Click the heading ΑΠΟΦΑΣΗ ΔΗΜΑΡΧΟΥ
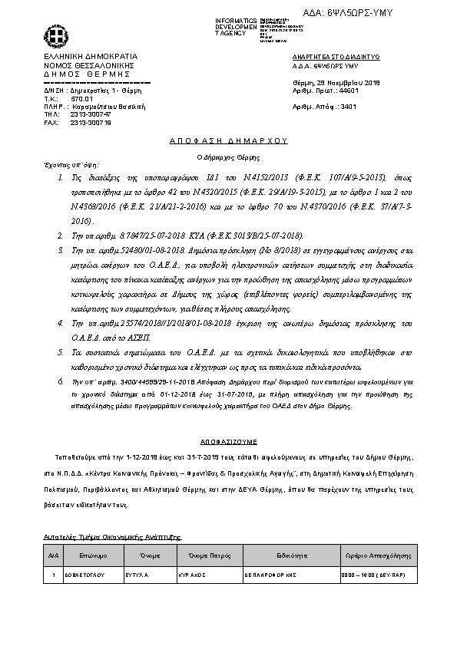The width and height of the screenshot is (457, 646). click(228, 142)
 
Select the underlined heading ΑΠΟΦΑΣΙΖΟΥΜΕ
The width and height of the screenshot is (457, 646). click(228, 443)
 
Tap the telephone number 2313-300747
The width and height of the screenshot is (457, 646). click(90, 114)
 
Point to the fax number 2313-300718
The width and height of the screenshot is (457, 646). click(90, 121)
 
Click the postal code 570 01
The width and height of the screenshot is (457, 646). click(81, 99)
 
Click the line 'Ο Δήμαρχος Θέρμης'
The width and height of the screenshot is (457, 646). click(228, 156)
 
